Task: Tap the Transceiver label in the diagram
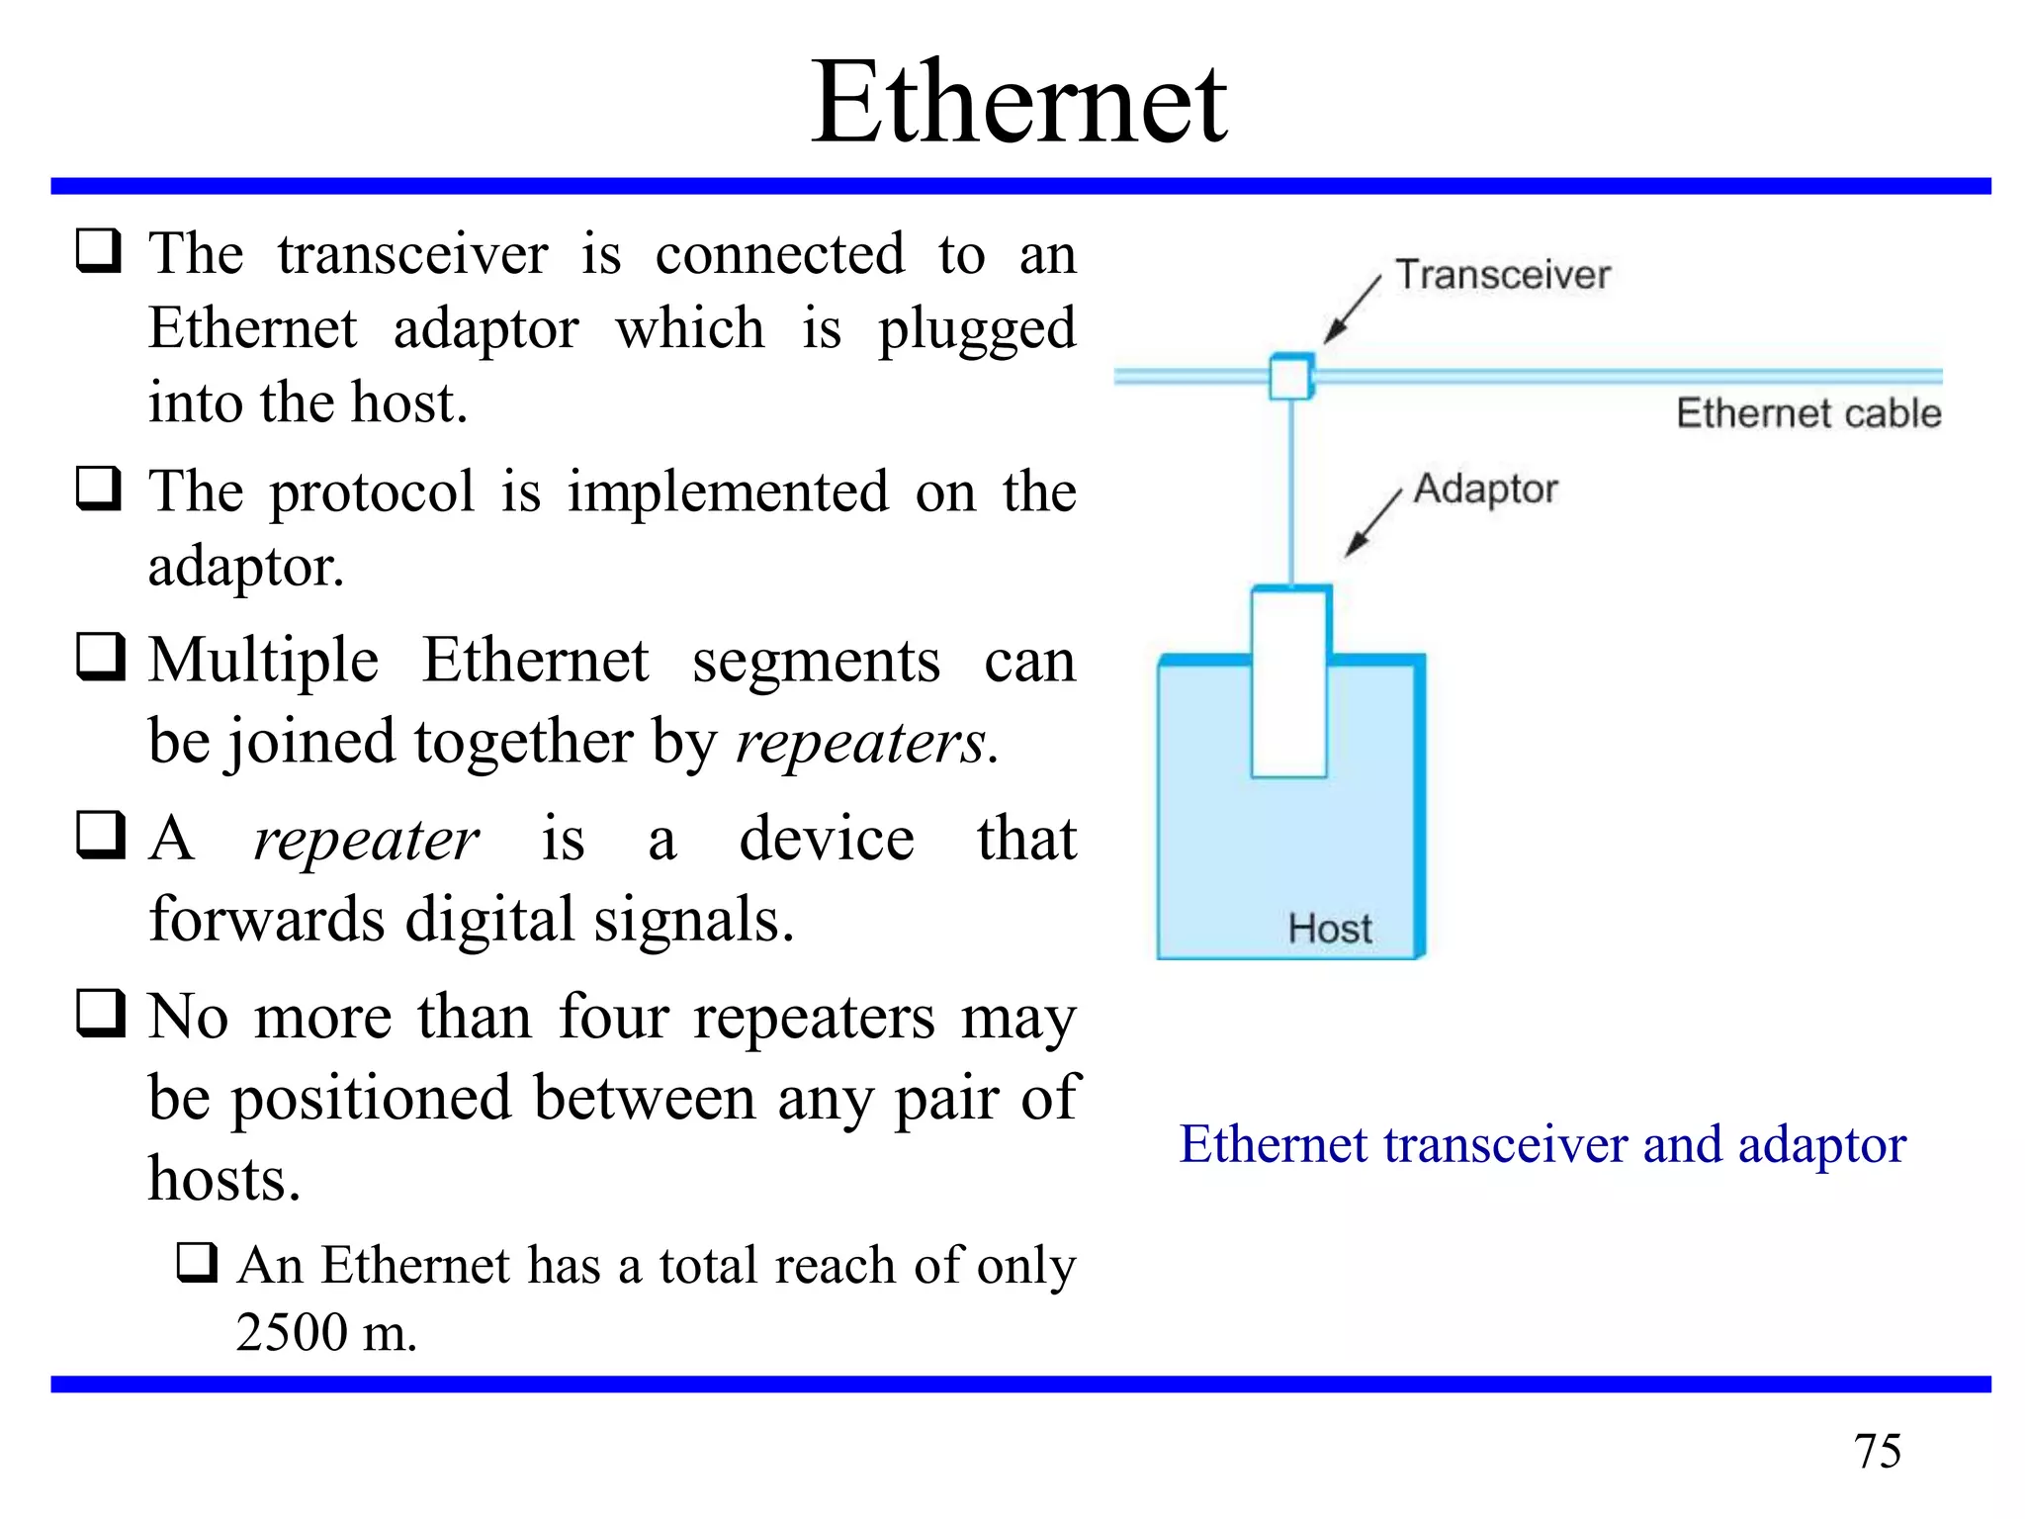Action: point(1502,275)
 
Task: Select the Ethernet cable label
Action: point(1808,413)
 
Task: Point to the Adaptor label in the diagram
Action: point(1485,490)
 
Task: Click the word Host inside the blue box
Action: point(1330,929)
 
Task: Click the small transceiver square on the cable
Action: point(1290,377)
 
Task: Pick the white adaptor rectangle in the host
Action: point(1289,682)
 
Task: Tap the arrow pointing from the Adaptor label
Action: point(1372,523)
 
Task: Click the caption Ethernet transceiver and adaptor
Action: point(1542,1145)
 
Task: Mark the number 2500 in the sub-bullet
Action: point(292,1332)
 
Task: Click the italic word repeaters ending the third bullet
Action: point(860,742)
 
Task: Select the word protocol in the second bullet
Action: point(372,491)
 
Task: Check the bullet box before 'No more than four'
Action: point(101,1013)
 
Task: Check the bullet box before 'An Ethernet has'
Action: point(197,1262)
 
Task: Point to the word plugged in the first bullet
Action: point(976,330)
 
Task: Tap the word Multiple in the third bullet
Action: point(263,661)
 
